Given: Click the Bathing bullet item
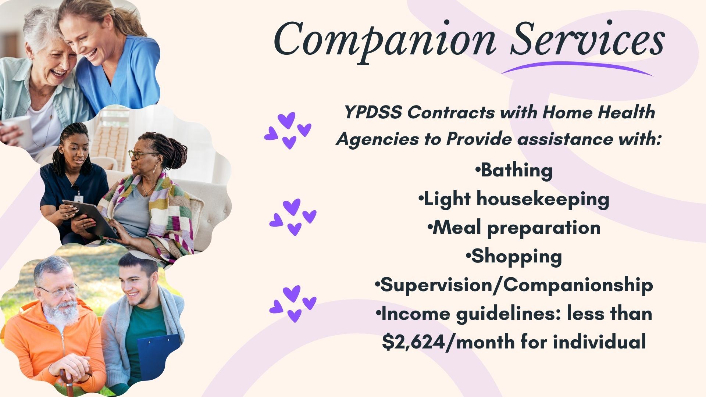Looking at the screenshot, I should pyautogui.click(x=514, y=171).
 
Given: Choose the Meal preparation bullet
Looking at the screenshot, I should pyautogui.click(x=514, y=228).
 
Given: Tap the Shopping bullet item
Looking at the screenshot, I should pyautogui.click(x=514, y=257).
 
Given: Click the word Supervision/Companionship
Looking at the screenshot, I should pyautogui.click(x=514, y=285).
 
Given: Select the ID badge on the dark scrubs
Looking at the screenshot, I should pyautogui.click(x=79, y=199).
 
